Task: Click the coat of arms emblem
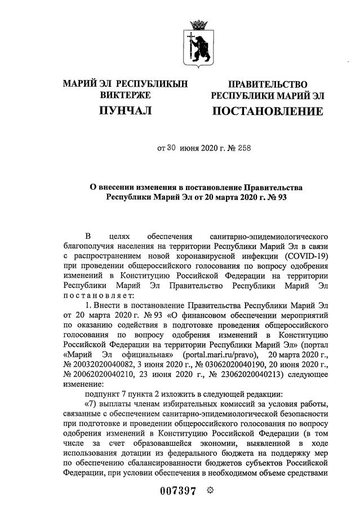198,42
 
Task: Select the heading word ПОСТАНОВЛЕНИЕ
268,111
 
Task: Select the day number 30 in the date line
172,149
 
